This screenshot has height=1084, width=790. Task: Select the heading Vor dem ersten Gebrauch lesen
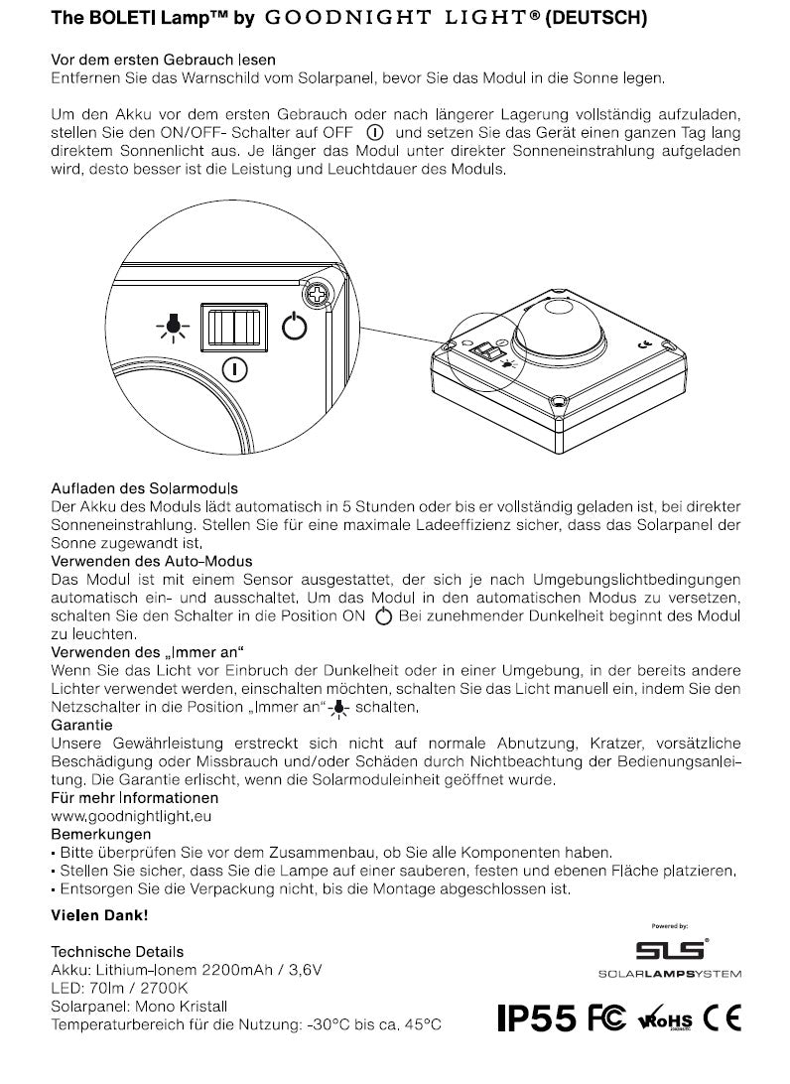tap(164, 61)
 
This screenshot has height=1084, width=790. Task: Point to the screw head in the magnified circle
tap(320, 294)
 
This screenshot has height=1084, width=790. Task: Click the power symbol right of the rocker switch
tap(295, 326)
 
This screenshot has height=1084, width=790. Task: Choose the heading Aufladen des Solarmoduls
tap(145, 488)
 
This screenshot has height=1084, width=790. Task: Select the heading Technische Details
tap(117, 951)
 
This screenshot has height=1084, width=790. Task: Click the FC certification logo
tap(606, 1019)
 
